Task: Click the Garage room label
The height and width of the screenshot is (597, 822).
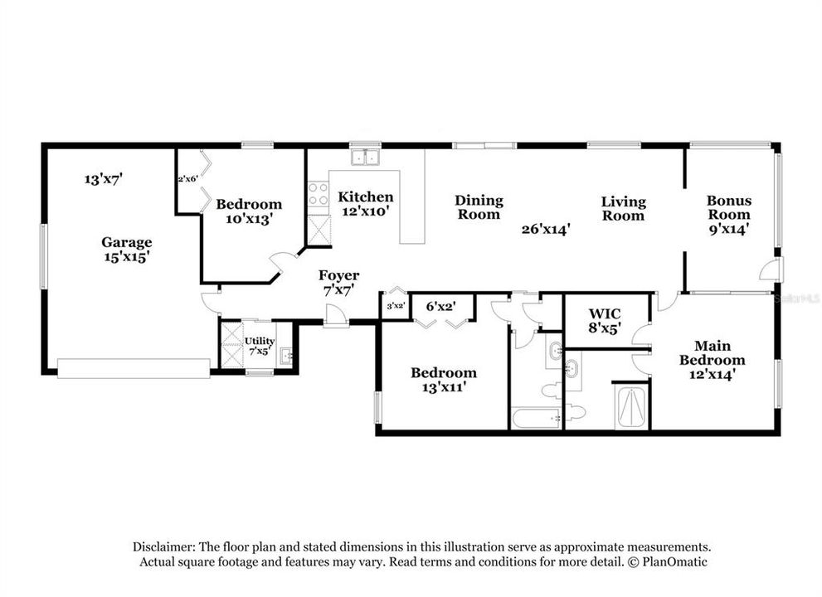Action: coord(127,242)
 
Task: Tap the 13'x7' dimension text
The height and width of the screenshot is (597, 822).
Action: coord(104,178)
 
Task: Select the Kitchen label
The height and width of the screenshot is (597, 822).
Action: coord(365,197)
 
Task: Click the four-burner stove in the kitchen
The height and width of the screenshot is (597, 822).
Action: coord(318,195)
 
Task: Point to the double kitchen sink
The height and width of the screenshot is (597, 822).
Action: coord(363,158)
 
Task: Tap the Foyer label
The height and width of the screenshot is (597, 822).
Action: coord(339,275)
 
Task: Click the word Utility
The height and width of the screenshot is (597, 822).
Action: coord(259,341)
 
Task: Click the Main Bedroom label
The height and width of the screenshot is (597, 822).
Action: coord(712,352)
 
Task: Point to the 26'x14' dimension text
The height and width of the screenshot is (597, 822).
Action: coord(545,230)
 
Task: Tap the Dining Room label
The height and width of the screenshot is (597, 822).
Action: coord(479,207)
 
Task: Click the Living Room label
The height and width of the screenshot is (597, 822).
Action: coord(623,208)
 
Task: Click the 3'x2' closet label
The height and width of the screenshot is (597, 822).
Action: coord(395,306)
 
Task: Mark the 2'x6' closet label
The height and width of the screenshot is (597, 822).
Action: coord(187,178)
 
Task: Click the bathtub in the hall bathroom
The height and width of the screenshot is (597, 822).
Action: coord(535,417)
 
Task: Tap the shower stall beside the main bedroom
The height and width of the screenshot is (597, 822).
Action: coord(631,406)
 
